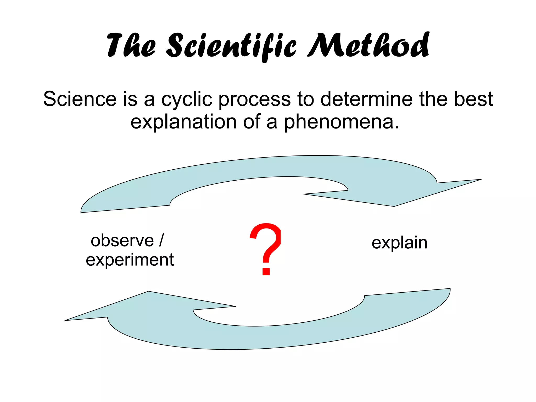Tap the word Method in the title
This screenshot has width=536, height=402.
click(368, 45)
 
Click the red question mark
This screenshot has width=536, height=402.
click(266, 249)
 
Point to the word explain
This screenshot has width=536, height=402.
click(399, 243)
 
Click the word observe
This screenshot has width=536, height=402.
click(122, 241)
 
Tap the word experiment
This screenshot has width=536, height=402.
click(130, 260)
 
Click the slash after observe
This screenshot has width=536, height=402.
click(161, 240)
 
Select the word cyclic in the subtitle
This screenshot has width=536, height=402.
click(187, 99)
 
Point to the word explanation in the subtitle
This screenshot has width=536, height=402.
click(183, 122)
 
